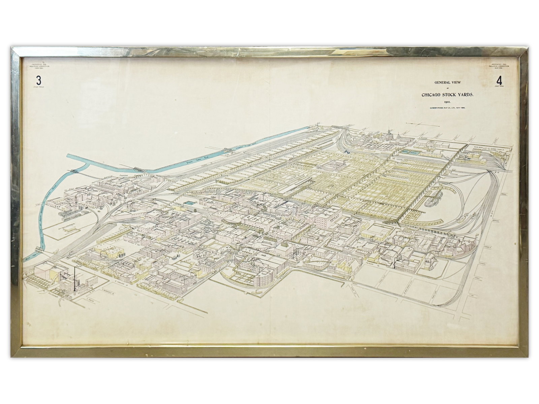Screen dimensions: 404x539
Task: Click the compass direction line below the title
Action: [x=423, y=124]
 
